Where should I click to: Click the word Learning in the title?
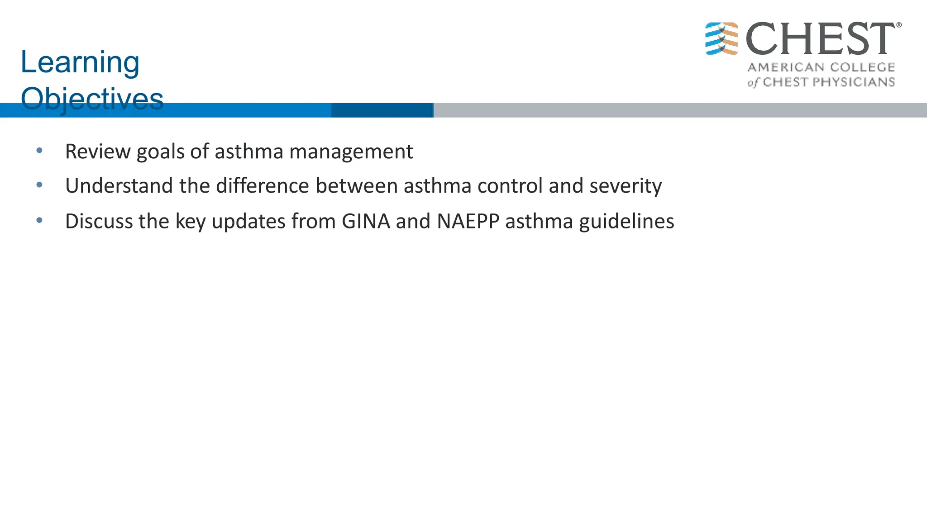click(x=80, y=62)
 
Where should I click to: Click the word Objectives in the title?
click(x=92, y=99)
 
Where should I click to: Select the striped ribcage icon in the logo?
click(x=722, y=38)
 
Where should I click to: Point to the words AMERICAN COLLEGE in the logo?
click(x=821, y=67)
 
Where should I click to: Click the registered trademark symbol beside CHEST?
click(x=898, y=25)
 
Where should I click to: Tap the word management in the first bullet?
click(x=351, y=152)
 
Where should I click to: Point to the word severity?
click(x=625, y=186)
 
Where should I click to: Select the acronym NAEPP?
click(x=468, y=221)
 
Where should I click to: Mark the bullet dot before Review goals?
click(x=39, y=151)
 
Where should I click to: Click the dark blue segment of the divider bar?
click(x=382, y=110)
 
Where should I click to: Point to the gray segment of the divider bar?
click(x=679, y=110)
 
